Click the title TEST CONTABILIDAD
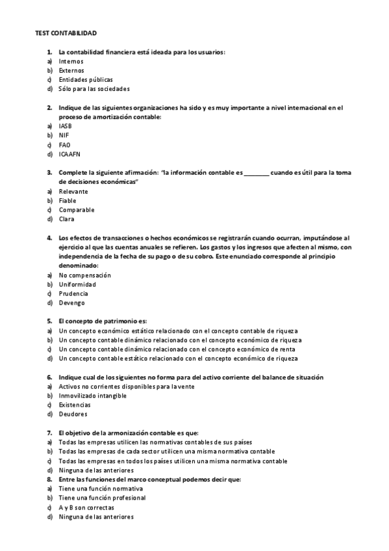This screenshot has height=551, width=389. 66,32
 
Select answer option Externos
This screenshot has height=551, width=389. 71,70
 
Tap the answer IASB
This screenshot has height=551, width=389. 66,125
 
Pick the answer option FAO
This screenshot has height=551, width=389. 64,144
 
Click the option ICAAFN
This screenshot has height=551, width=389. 70,154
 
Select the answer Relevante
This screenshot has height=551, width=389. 73,192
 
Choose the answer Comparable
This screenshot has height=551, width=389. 77,210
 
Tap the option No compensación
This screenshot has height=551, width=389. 84,275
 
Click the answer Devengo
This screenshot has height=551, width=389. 71,303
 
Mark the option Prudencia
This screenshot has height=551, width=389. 73,293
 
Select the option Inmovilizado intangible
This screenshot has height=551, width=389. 92,395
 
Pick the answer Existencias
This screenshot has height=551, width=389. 75,405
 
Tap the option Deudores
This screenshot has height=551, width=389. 73,414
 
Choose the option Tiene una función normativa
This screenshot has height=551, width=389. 101,488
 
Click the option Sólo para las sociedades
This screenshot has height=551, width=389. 94,88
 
